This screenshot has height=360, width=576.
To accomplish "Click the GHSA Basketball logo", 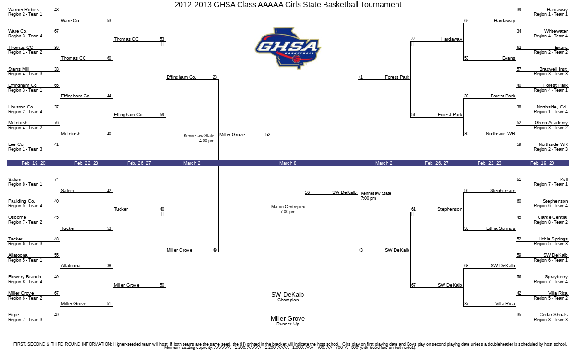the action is [288, 48].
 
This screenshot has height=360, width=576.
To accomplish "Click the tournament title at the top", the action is [288, 5].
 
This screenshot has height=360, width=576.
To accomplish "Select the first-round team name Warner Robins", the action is [24, 10].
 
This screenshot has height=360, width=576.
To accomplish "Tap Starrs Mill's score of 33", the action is [56, 69].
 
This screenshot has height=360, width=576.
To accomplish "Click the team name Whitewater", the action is [556, 31].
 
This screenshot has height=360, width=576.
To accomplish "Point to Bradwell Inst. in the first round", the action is [553, 69].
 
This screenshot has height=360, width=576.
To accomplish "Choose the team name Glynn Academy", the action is [551, 123].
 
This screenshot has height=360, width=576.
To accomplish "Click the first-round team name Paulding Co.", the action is [21, 201].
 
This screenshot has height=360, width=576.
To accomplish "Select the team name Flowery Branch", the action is [24, 277].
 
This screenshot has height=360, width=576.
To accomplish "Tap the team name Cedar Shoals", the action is [553, 315].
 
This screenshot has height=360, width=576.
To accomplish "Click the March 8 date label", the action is [288, 163].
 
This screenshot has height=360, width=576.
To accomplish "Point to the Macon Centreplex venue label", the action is [288, 209].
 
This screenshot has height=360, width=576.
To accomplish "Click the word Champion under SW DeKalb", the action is [288, 300].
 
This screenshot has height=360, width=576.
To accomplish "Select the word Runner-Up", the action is [288, 324].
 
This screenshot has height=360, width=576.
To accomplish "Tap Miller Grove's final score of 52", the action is [268, 135].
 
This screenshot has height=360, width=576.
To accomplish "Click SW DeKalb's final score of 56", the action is [307, 192].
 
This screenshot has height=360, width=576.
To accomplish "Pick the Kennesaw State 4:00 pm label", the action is [199, 138].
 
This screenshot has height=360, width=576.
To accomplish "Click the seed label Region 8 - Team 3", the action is [551, 320].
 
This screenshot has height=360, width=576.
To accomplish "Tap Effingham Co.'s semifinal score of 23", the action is [215, 77].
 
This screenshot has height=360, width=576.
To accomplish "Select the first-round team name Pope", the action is [13, 315].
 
